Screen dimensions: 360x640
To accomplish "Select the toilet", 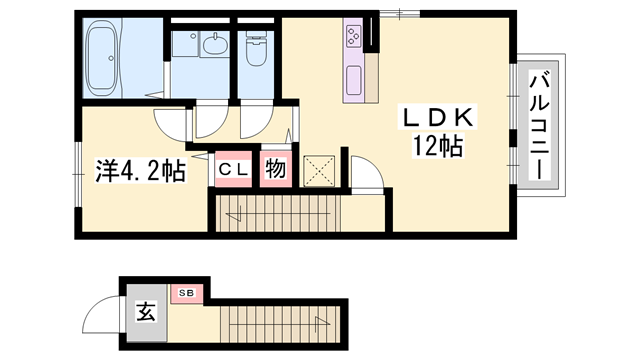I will click(256, 49).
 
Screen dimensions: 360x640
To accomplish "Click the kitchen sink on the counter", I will click(355, 79).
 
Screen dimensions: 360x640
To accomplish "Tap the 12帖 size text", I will click(437, 147).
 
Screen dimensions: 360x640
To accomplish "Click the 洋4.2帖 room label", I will click(140, 171).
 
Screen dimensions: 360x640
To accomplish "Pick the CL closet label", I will click(234, 170).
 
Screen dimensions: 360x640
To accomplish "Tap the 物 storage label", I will click(275, 170).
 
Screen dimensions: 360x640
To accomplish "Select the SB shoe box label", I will click(185, 292).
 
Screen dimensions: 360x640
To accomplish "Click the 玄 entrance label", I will click(145, 312).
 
